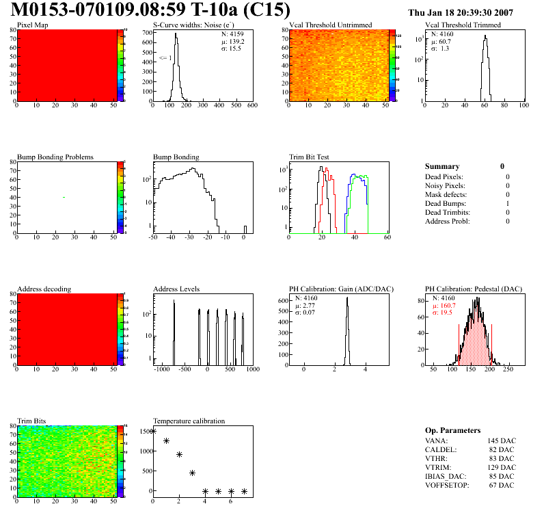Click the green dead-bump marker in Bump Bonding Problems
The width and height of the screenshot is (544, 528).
[64, 198]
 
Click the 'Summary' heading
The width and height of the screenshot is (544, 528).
[442, 166]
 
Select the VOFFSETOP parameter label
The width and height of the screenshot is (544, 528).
[446, 485]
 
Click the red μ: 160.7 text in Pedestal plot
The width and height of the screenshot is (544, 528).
[445, 306]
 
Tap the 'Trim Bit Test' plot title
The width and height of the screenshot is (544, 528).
[310, 157]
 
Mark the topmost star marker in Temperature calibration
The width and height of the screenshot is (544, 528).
[153, 431]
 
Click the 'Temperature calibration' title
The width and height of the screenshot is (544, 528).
[189, 421]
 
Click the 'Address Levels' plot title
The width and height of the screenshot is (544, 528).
[176, 289]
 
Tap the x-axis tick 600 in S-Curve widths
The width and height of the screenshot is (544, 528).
[251, 106]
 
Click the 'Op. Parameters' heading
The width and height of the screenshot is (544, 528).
[452, 430]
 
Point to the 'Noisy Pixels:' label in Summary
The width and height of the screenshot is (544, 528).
[445, 185]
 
